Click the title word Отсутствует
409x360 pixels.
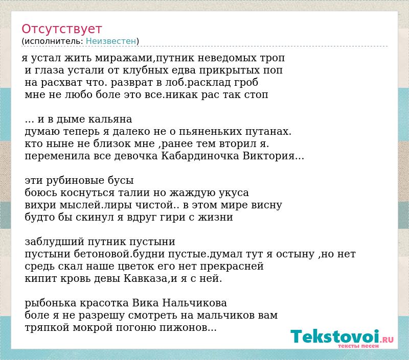click(61, 29)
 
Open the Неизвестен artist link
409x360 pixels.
click(111, 41)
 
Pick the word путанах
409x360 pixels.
click(267, 132)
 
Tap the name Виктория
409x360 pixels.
click(269, 156)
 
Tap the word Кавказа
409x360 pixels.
click(145, 278)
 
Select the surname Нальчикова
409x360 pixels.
click(195, 303)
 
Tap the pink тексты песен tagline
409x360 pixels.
click(358, 346)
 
